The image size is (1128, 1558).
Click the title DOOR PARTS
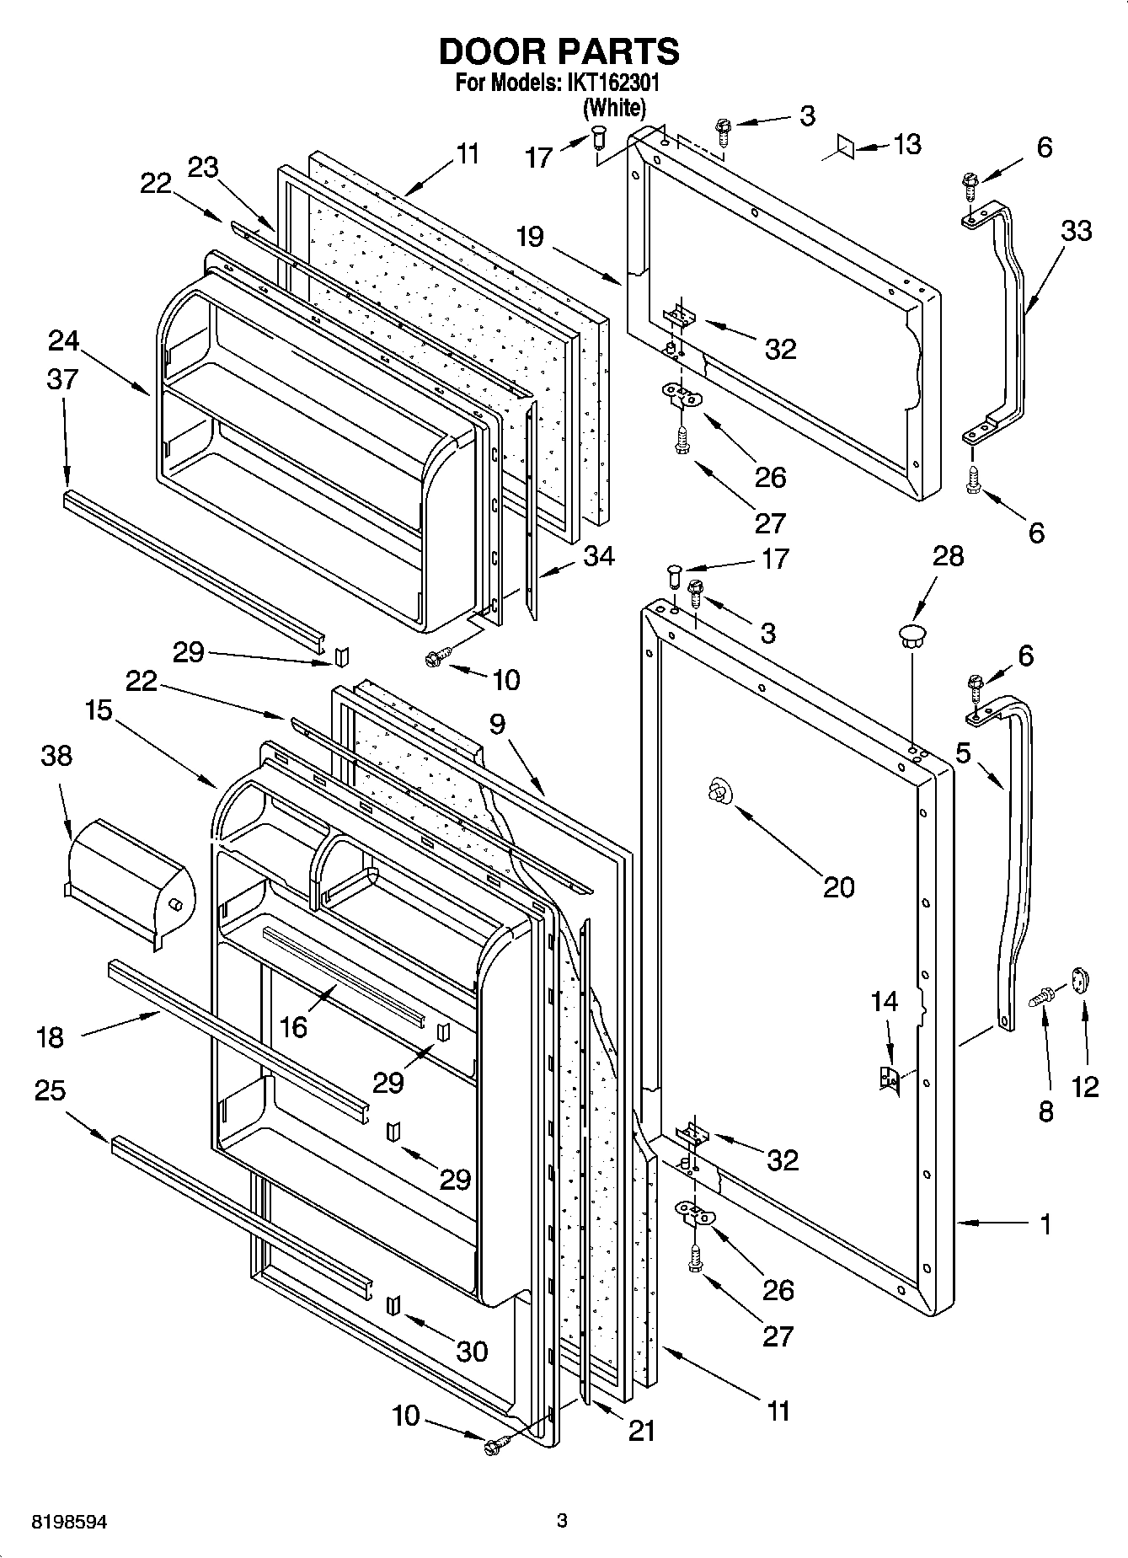click(x=559, y=52)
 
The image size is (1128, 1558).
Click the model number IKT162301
click(x=614, y=85)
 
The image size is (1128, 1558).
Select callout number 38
click(x=56, y=756)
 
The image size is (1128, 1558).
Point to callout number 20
click(x=839, y=886)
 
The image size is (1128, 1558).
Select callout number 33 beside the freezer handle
click(x=1076, y=230)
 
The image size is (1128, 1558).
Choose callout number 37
click(x=62, y=379)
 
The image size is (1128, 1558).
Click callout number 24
click(x=63, y=341)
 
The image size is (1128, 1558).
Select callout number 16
click(x=293, y=1027)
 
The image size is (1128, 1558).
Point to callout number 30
click(x=472, y=1351)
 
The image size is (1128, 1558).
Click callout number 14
click(x=885, y=1002)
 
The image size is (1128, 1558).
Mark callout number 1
click(x=1045, y=1224)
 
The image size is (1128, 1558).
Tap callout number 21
click(x=641, y=1431)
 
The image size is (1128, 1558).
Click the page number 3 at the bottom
click(x=563, y=1521)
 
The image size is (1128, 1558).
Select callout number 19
click(x=530, y=237)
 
